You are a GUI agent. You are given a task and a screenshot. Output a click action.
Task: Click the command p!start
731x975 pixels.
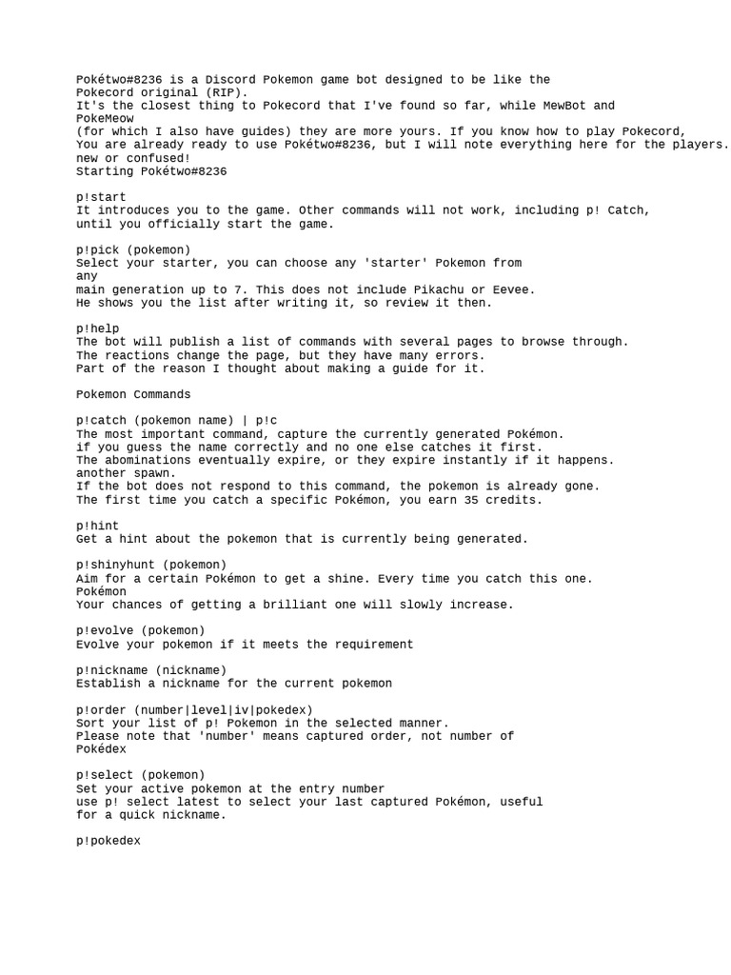101,197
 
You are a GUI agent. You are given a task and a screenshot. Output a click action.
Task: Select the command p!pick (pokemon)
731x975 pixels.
133,249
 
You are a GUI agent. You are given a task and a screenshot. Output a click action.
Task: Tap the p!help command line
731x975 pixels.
98,328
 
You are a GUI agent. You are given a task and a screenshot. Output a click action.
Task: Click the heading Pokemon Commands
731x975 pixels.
133,394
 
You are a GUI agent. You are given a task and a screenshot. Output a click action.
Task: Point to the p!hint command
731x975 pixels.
98,526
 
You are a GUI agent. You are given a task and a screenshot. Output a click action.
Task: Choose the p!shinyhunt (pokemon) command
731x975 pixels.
151,565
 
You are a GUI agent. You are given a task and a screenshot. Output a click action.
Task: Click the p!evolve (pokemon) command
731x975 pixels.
141,630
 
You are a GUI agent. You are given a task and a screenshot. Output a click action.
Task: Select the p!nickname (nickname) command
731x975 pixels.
151,669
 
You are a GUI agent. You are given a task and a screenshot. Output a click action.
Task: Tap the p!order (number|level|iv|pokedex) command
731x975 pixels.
194,709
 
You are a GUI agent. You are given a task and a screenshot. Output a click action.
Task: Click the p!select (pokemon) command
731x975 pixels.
141,775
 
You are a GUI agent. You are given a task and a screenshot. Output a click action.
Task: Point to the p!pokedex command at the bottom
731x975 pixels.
109,841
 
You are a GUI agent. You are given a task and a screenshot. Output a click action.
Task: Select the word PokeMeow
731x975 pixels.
105,118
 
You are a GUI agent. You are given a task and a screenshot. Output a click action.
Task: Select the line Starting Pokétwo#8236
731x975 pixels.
151,171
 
